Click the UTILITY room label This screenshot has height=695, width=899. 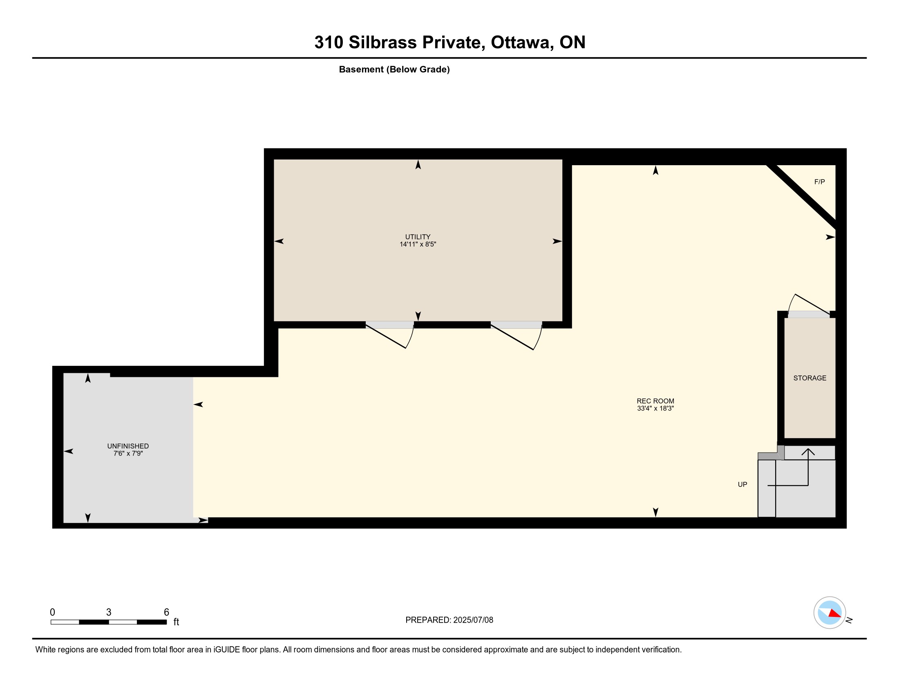click(x=418, y=237)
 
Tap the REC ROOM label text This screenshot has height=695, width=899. click(x=655, y=401)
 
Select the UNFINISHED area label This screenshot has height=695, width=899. click(x=128, y=446)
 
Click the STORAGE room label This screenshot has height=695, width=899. click(x=810, y=378)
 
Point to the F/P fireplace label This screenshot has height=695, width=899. click(x=820, y=182)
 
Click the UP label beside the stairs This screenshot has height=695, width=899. click(x=742, y=484)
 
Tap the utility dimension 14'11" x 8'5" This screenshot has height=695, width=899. click(x=418, y=244)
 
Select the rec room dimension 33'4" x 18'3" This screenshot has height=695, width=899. click(x=655, y=408)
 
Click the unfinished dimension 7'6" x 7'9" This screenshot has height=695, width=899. click(x=128, y=453)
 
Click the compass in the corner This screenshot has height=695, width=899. click(x=830, y=613)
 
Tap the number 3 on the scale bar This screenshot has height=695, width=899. click(x=109, y=612)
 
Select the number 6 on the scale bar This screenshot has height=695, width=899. click(x=166, y=612)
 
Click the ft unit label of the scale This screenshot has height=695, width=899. click(x=176, y=622)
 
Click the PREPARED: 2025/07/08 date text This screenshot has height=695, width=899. click(x=449, y=620)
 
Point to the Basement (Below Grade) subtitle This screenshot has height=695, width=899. click(x=394, y=69)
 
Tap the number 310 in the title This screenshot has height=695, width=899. click(x=329, y=42)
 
